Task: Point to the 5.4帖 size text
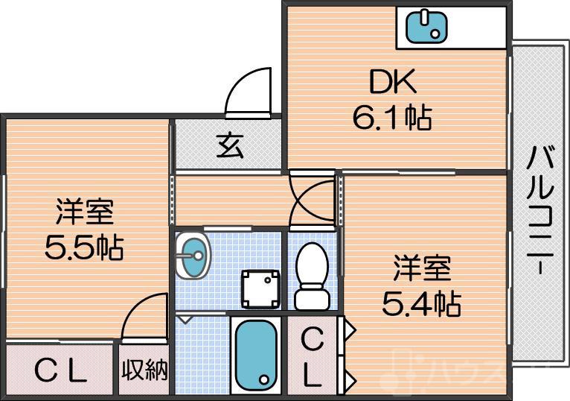(x=421, y=302)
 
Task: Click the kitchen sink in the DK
(x=426, y=28)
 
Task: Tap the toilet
(x=312, y=276)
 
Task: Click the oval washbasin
(x=194, y=256)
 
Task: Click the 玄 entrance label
(x=229, y=146)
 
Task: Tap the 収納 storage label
(x=145, y=370)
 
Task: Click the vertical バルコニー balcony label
(x=539, y=212)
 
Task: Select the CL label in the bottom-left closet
(x=62, y=371)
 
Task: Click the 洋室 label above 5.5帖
(x=84, y=212)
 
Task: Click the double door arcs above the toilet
(x=313, y=198)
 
